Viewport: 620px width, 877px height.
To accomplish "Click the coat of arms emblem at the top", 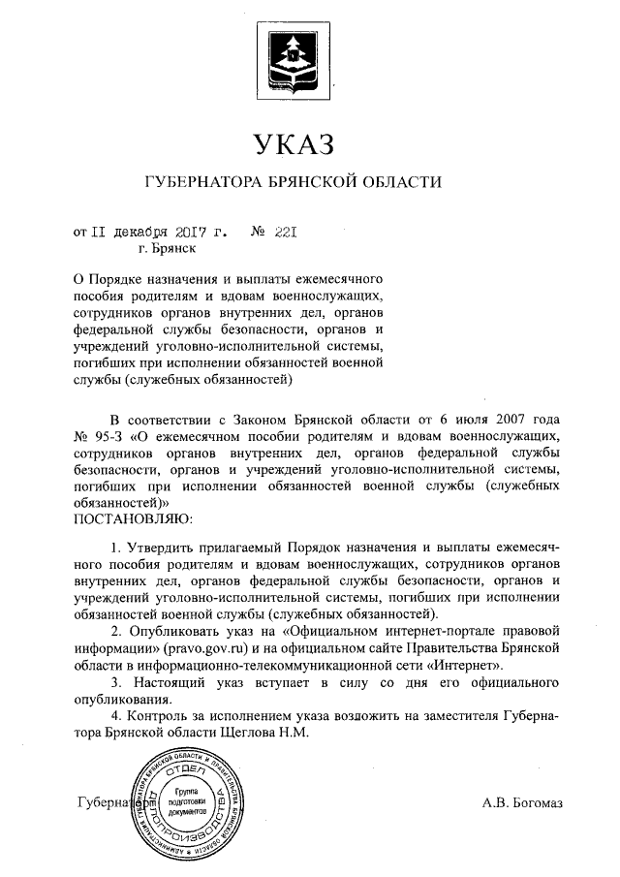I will (x=292, y=57).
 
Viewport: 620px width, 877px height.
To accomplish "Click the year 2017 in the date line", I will (x=195, y=233).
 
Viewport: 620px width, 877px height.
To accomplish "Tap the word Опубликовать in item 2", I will (x=176, y=631).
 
